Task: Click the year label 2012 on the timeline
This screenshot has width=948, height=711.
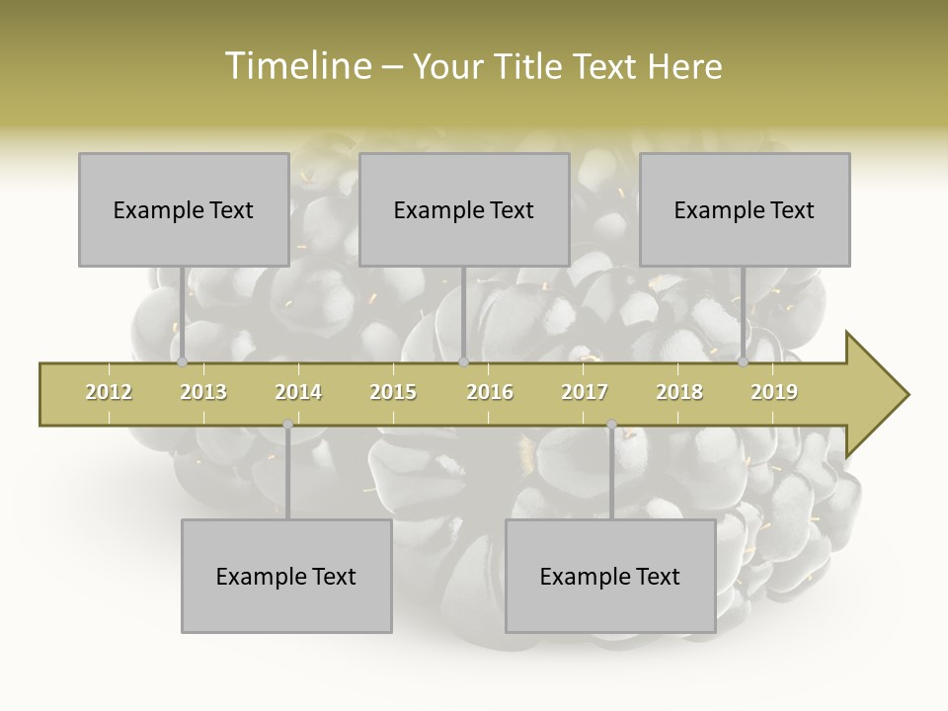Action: click(x=109, y=393)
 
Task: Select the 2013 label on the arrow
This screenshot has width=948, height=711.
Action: click(x=203, y=393)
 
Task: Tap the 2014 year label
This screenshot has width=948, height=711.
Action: click(x=298, y=393)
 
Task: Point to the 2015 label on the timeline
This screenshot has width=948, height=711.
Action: click(x=393, y=393)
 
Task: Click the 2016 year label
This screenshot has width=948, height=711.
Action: click(x=490, y=393)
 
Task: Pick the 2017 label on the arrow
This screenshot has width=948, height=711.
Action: click(x=585, y=393)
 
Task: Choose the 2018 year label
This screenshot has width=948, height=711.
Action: click(x=679, y=393)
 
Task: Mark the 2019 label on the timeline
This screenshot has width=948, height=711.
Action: click(x=774, y=393)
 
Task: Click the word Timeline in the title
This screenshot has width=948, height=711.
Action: click(x=295, y=66)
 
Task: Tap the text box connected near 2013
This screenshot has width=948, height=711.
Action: click(x=184, y=209)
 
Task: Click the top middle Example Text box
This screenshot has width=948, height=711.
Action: click(x=464, y=209)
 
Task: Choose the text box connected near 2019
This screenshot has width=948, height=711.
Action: click(x=745, y=209)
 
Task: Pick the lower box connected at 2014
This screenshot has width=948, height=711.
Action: click(x=286, y=576)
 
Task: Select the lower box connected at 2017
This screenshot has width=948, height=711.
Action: click(x=610, y=576)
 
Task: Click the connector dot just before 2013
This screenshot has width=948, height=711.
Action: click(x=182, y=362)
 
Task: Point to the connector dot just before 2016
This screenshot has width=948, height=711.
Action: click(x=463, y=362)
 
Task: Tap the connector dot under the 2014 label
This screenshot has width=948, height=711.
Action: click(x=287, y=425)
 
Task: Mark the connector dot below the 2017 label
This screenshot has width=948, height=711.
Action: click(x=611, y=425)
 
